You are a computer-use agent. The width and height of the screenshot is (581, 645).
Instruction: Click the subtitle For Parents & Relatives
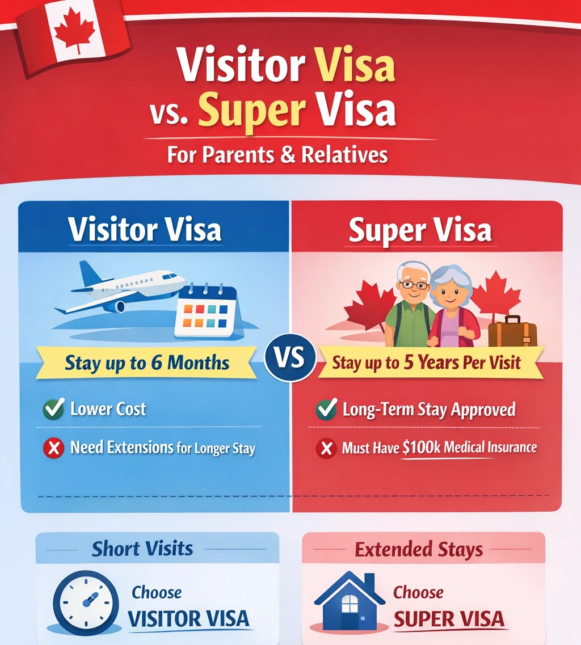point(277,155)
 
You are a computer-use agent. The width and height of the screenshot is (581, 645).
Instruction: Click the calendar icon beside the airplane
point(207,311)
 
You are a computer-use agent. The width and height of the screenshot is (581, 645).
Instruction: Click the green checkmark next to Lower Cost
point(53,409)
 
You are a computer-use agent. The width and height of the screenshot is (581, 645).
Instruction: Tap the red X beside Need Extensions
point(53,449)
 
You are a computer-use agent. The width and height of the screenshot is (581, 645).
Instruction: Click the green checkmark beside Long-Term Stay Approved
point(326,409)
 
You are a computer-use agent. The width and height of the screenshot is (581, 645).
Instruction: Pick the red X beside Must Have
point(326,449)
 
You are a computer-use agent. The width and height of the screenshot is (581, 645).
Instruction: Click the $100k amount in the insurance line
point(420,448)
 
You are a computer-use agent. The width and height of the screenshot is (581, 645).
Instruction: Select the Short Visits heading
point(142,549)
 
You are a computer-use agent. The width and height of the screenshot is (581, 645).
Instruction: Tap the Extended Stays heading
point(419,549)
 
